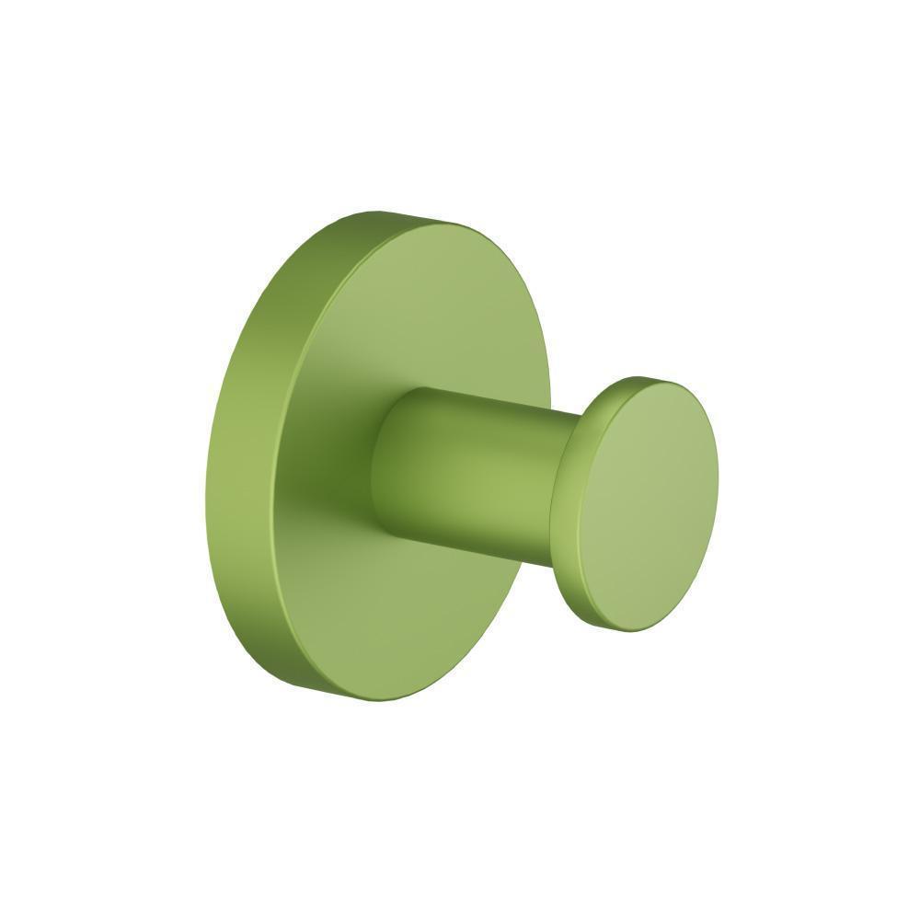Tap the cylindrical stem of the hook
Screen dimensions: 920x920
(x=469, y=469)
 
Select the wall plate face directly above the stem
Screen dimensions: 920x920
(x=432, y=313)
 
